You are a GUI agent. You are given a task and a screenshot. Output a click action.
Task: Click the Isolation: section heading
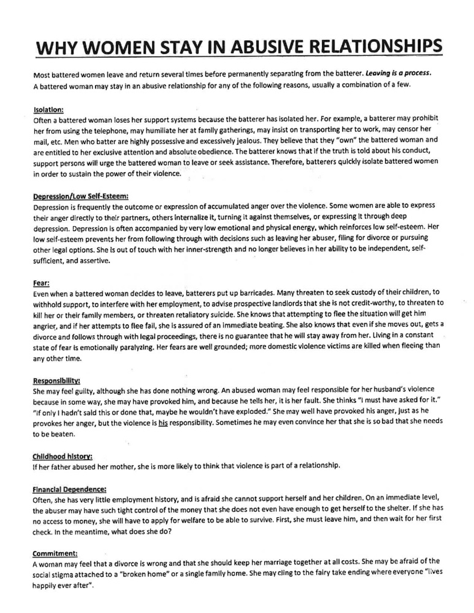[49, 110]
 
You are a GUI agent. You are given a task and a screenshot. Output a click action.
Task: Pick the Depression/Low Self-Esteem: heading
[81, 197]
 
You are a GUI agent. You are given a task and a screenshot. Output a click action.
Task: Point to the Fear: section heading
[41, 283]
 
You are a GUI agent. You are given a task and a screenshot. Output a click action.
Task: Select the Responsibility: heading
[56, 381]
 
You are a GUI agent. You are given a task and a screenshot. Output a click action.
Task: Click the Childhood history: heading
[62, 457]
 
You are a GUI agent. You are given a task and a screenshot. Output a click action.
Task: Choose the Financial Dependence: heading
[69, 489]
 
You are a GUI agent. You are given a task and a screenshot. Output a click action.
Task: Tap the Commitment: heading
[55, 554]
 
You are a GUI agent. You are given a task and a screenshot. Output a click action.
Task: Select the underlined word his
[163, 423]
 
